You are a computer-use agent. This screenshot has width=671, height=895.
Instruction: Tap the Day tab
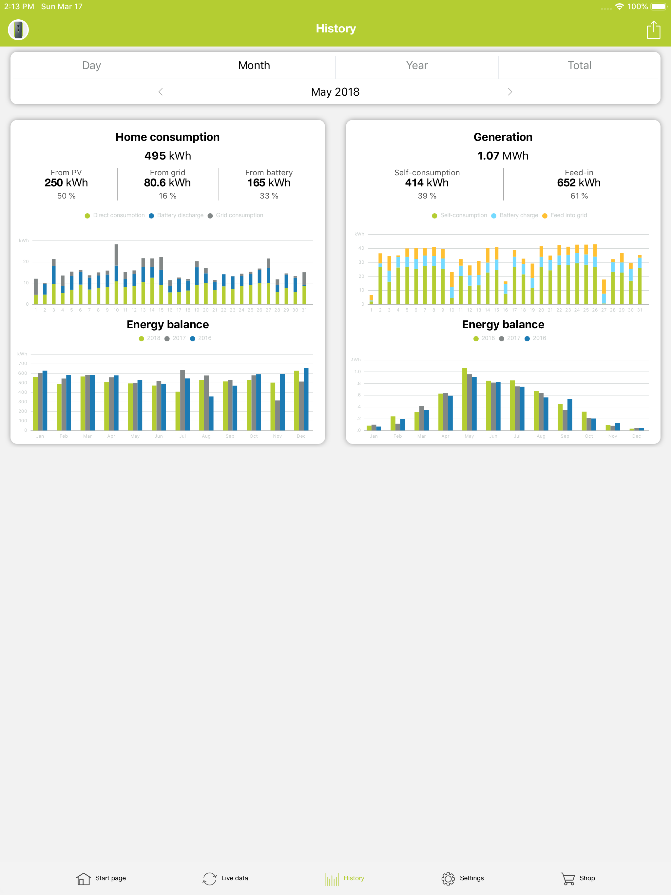[91, 66]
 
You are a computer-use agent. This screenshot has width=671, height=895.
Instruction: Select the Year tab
[417, 66]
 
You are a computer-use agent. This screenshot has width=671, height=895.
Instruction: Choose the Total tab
[579, 66]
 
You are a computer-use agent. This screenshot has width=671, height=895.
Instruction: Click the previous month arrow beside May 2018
[161, 92]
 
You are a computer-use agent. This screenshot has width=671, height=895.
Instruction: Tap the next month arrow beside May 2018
[509, 92]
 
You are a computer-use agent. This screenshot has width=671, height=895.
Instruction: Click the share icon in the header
[653, 30]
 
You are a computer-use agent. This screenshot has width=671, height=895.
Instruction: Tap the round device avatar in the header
[18, 30]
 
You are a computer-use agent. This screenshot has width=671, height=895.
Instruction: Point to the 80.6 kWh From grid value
[167, 183]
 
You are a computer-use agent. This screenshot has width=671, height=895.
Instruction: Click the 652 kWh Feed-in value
[579, 183]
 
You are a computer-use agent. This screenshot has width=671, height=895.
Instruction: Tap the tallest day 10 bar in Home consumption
[116, 275]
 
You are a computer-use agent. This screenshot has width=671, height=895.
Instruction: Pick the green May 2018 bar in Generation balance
[465, 399]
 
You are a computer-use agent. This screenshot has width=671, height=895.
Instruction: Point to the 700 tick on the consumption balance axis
[23, 363]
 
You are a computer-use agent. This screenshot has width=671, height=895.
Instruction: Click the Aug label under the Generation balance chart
[541, 436]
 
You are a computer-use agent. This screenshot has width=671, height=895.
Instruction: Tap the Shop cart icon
[567, 878]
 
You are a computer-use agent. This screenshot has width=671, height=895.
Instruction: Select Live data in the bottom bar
[225, 878]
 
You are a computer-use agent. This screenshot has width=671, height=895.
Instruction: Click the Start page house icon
[83, 878]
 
